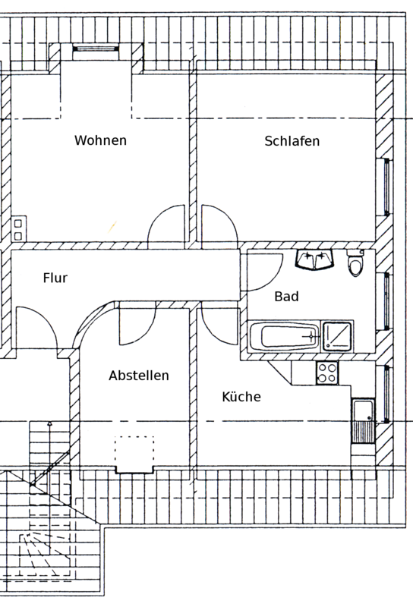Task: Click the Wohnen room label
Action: (100, 140)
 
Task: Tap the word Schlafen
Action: (292, 141)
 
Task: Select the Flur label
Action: (55, 278)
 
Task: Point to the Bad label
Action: (286, 297)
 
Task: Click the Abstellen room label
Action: (139, 376)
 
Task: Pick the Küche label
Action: (241, 397)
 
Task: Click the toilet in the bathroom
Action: (355, 263)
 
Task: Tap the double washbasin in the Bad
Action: (315, 259)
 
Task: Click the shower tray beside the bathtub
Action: (337, 336)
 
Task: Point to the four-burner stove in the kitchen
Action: (327, 373)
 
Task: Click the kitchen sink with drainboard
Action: (364, 421)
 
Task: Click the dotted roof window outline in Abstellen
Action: (134, 453)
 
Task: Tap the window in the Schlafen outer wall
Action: (386, 187)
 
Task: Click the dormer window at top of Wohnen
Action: (96, 49)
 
